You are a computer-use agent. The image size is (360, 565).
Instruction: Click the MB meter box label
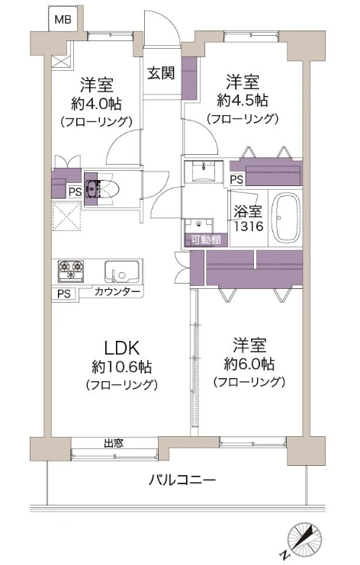pos(63,19)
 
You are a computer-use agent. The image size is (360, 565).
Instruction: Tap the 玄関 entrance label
pos(161,73)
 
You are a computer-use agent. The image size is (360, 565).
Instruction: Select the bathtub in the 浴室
pos(286,217)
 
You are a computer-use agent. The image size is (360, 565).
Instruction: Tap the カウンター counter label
pos(117,291)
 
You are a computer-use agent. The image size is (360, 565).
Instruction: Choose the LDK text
pos(122,348)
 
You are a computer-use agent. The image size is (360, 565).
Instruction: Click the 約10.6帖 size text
pos(122,367)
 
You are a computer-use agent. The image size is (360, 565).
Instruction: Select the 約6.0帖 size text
pos(249,364)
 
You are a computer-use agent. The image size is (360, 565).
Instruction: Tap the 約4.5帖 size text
pos(243,101)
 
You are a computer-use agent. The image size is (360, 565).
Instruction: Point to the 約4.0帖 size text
pos(96,104)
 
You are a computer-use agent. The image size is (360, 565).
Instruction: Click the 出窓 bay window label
pos(114,443)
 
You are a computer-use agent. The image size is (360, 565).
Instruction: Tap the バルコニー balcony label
pos(182,480)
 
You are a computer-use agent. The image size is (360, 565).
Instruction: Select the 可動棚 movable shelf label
pos(206,239)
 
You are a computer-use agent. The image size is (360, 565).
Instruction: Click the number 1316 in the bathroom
pos(249,226)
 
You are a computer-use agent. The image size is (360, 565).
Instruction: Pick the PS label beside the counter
pos(64,294)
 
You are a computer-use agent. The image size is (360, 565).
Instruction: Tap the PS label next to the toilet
pos(75,191)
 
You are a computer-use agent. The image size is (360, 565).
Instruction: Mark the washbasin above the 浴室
pos(204,171)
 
